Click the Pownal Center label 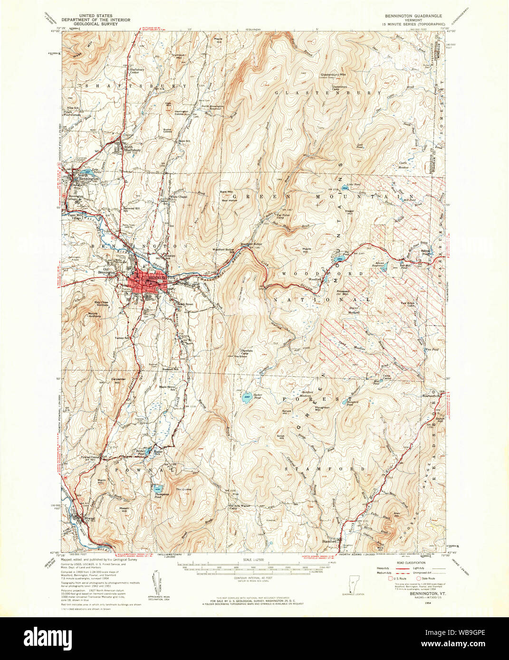pyautogui.click(x=90, y=457)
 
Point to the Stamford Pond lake pyautogui.click(x=344, y=401)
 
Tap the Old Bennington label pyautogui.click(x=106, y=271)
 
